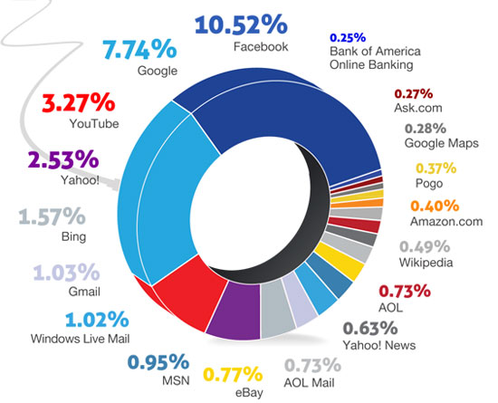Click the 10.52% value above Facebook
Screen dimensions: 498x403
click(x=241, y=24)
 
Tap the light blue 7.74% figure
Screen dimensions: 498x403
click(x=139, y=49)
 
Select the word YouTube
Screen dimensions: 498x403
click(x=94, y=123)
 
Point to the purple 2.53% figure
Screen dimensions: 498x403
click(x=63, y=159)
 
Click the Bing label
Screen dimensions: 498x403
click(x=73, y=237)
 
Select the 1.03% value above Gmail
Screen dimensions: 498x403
click(x=66, y=273)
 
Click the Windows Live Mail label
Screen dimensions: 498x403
click(x=80, y=339)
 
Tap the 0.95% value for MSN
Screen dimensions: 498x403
click(x=158, y=362)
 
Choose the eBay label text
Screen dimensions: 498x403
click(x=249, y=392)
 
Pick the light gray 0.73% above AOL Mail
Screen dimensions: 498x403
click(x=312, y=365)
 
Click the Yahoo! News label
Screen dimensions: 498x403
click(x=379, y=345)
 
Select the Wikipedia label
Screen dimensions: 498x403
click(x=426, y=263)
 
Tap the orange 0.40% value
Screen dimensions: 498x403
click(x=435, y=206)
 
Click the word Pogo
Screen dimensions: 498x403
click(x=429, y=184)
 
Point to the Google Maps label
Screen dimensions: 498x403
click(x=442, y=143)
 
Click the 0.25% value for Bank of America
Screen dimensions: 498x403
click(x=348, y=37)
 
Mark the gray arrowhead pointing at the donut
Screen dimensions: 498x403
click(x=114, y=185)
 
